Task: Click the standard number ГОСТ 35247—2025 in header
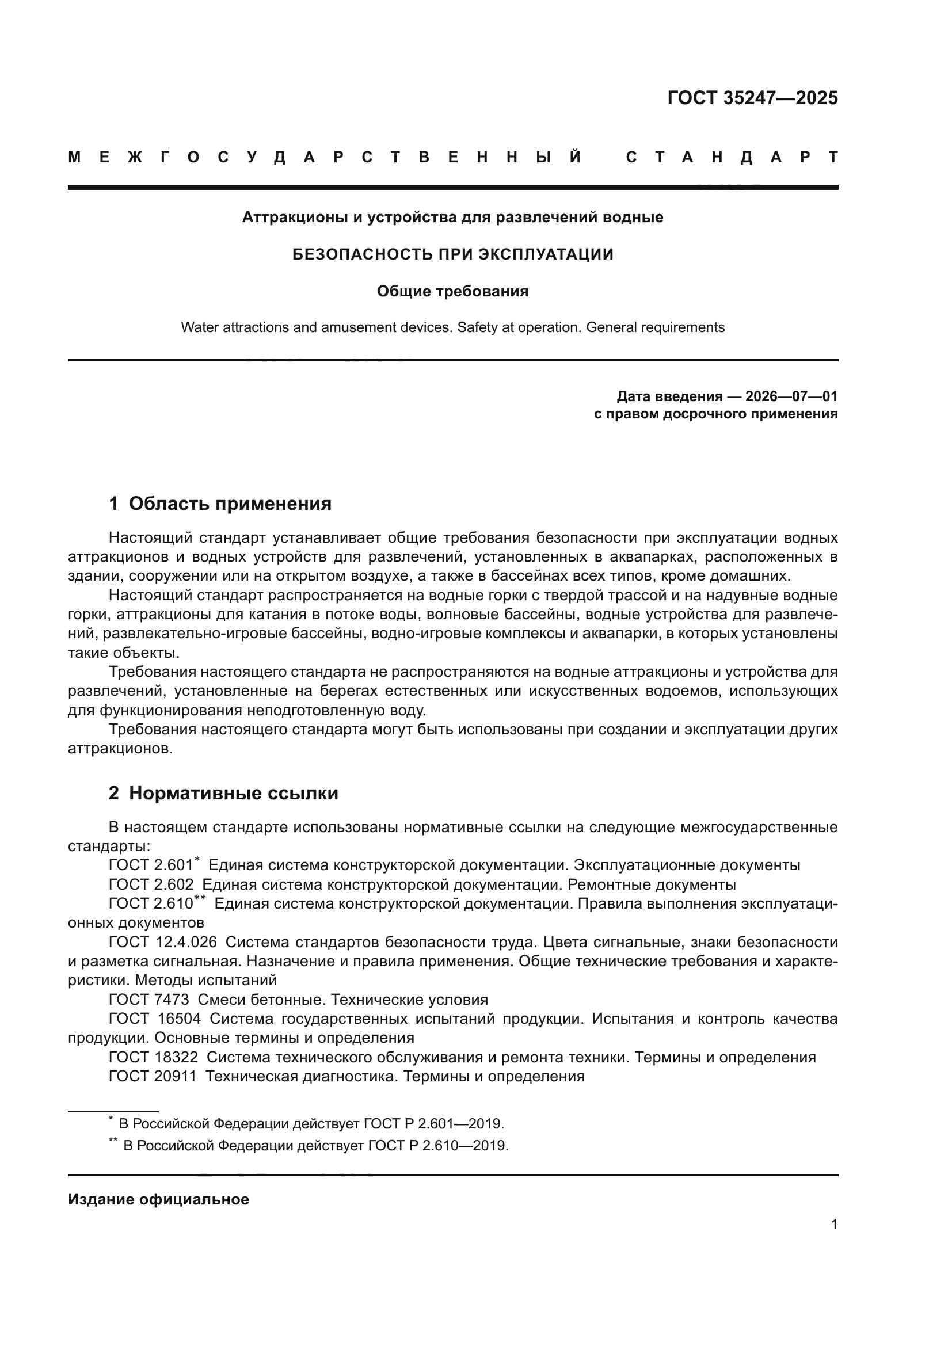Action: [752, 97]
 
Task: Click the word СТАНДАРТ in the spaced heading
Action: [732, 157]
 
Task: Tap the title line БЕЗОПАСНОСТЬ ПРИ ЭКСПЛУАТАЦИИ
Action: [452, 254]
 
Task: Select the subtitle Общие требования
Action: [452, 291]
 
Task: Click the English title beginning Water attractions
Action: [452, 327]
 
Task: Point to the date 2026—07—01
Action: [791, 396]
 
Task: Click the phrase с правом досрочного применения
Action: [715, 414]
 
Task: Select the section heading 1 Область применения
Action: [220, 504]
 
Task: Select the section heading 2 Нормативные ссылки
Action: [223, 793]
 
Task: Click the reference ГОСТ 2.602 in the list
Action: [151, 884]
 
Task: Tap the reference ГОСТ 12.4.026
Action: [162, 942]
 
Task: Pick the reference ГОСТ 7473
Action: [149, 1000]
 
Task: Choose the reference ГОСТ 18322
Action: [153, 1057]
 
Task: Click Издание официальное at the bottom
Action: [158, 1199]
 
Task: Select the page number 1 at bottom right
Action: [833, 1225]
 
